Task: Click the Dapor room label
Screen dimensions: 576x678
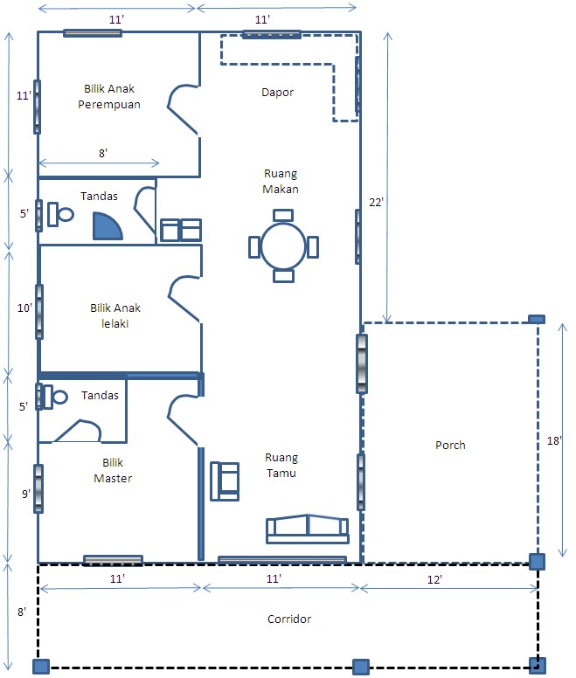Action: tap(278, 92)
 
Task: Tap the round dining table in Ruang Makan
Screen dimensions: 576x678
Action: tap(283, 246)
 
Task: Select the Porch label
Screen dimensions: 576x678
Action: tap(450, 445)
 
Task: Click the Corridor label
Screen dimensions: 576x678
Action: tap(288, 619)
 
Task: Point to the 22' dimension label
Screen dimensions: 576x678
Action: tap(376, 202)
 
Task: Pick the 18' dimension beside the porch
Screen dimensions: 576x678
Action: tap(554, 440)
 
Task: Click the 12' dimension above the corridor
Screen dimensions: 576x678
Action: tap(434, 580)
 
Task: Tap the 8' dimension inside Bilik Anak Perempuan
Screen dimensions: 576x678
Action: tap(103, 153)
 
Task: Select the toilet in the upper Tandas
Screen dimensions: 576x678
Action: tap(60, 214)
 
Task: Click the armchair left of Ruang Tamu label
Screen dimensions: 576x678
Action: tap(225, 481)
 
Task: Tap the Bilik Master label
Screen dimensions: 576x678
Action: tap(113, 470)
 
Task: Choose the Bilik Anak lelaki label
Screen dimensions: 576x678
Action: tap(115, 315)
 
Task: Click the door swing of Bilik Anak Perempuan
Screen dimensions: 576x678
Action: tap(183, 108)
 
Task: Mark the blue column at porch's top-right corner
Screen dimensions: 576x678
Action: tap(537, 319)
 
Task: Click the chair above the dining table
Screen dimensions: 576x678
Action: tap(283, 215)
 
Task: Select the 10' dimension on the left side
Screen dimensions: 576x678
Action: tap(24, 308)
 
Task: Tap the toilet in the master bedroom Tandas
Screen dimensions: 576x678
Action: tap(53, 397)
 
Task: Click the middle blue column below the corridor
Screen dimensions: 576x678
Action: tap(361, 667)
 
